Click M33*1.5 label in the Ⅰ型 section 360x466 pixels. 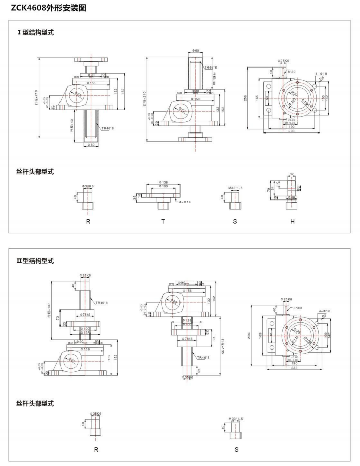(x=235, y=188)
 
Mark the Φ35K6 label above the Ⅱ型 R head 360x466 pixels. (x=96, y=414)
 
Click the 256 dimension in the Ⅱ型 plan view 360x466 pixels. (x=249, y=336)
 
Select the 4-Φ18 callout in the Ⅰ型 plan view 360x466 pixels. (x=321, y=74)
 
